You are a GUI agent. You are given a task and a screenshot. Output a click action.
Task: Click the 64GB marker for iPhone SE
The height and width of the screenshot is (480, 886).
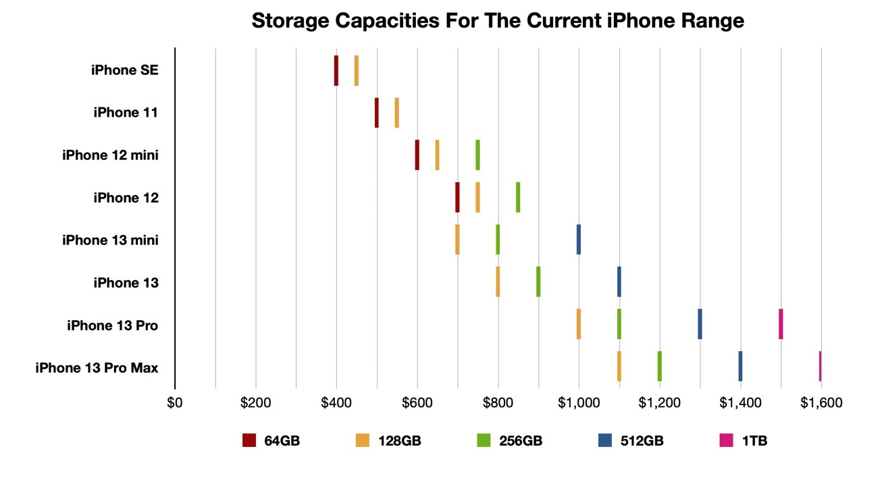pyautogui.click(x=336, y=70)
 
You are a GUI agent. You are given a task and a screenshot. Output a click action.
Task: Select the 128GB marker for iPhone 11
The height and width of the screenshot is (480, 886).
pyautogui.click(x=397, y=113)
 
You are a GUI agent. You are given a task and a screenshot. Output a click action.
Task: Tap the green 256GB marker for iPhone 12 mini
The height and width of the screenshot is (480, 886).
pyautogui.click(x=477, y=155)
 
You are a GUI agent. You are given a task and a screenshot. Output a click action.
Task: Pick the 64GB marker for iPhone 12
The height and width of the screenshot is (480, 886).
pyautogui.click(x=457, y=197)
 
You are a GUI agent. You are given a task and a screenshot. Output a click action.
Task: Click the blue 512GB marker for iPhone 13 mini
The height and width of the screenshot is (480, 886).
pyautogui.click(x=579, y=239)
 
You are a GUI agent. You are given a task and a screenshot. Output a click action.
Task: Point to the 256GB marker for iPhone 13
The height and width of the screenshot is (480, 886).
pyautogui.click(x=538, y=282)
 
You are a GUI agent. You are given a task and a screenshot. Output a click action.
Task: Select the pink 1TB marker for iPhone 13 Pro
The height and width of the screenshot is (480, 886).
pyautogui.click(x=781, y=323)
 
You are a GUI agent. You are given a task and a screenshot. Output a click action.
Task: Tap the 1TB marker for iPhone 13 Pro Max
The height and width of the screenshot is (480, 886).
pyautogui.click(x=820, y=366)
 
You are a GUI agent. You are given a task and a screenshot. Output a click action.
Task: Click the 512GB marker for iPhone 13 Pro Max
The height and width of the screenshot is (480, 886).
pyautogui.click(x=740, y=366)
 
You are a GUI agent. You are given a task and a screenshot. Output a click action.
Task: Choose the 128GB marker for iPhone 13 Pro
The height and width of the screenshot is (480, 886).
pyautogui.click(x=579, y=323)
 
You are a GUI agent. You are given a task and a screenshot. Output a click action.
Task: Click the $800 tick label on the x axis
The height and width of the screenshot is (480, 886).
pyautogui.click(x=498, y=403)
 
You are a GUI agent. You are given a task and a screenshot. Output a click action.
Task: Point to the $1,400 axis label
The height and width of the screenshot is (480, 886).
pyautogui.click(x=740, y=403)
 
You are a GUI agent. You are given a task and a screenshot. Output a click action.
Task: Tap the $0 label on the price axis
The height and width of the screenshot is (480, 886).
pyautogui.click(x=175, y=403)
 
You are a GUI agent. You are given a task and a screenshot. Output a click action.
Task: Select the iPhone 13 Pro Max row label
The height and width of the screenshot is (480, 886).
pyautogui.click(x=97, y=368)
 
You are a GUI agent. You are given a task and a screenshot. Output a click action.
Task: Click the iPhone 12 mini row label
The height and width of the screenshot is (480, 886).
pyautogui.click(x=110, y=155)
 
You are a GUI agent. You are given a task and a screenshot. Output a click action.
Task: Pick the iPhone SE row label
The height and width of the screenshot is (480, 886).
pyautogui.click(x=125, y=70)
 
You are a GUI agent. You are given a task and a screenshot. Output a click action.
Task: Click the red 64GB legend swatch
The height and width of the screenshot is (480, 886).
pyautogui.click(x=249, y=441)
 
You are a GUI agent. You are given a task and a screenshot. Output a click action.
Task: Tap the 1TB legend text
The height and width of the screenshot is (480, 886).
pyautogui.click(x=754, y=442)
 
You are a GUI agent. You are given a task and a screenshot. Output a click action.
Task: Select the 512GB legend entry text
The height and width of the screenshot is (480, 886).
pyautogui.click(x=642, y=442)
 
